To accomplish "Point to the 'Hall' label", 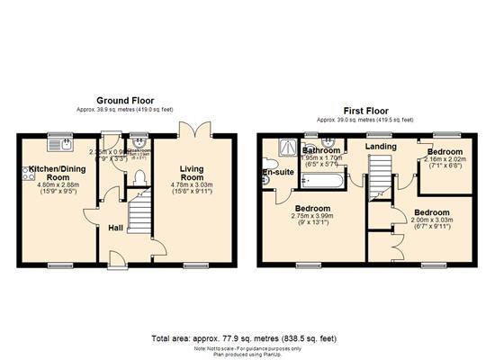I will (116, 229).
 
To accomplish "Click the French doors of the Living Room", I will (191, 130).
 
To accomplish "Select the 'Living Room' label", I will (191, 170).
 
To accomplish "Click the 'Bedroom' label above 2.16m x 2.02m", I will (445, 152).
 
